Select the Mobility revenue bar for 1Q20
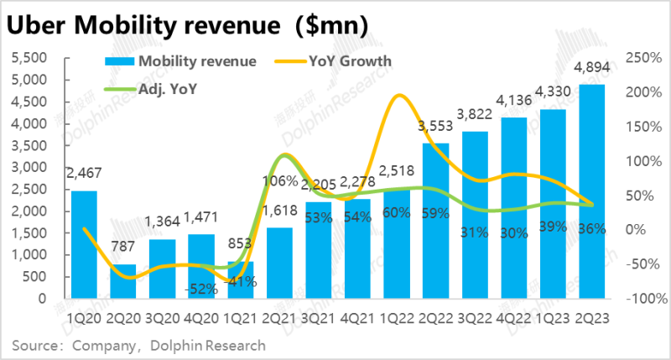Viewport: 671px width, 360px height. pyautogui.click(x=84, y=244)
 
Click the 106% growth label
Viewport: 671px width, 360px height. pyautogui.click(x=278, y=181)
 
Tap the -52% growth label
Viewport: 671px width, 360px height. pyautogui.click(x=202, y=288)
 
